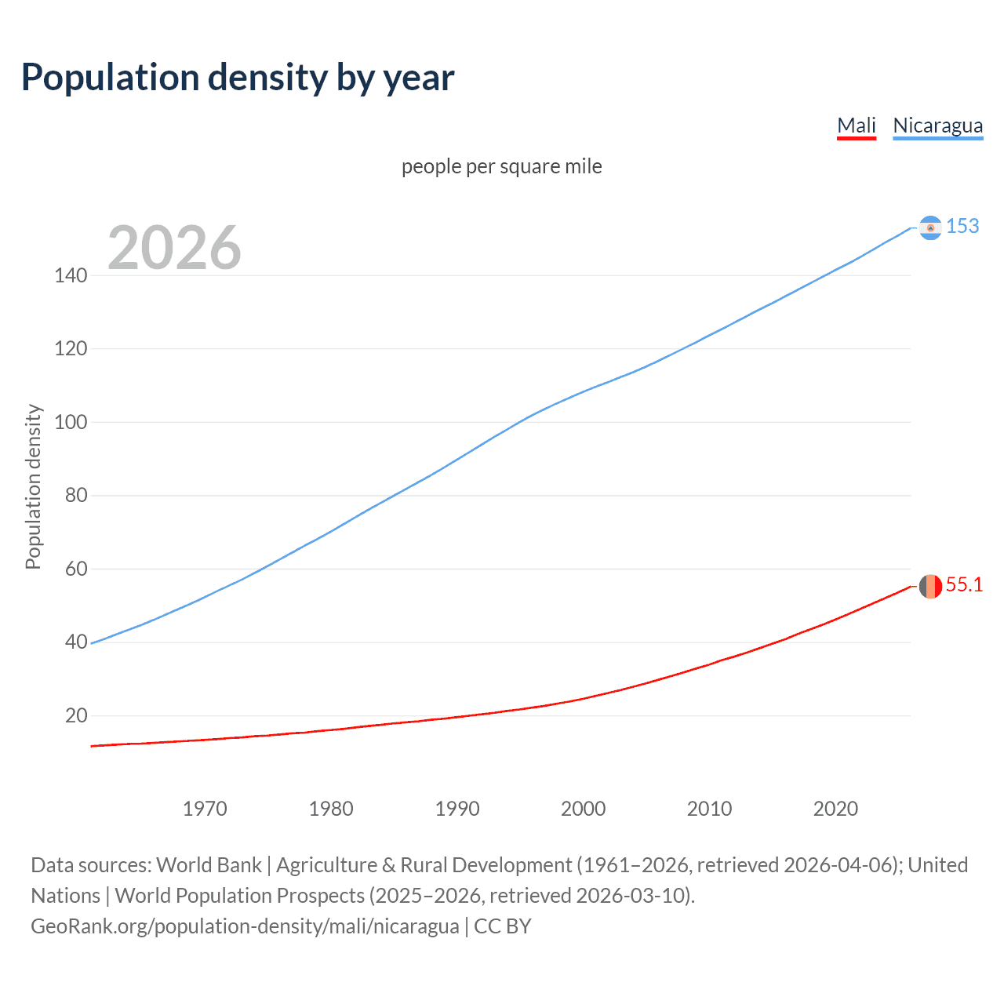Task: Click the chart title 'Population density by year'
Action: pyautogui.click(x=238, y=78)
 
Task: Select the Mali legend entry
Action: pyautogui.click(x=856, y=125)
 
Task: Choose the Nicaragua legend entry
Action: pyautogui.click(x=937, y=125)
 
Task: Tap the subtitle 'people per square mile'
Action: pyautogui.click(x=501, y=166)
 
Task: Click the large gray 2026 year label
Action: pyautogui.click(x=174, y=248)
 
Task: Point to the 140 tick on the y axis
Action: pyautogui.click(x=71, y=275)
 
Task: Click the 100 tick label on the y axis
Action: pyautogui.click(x=71, y=422)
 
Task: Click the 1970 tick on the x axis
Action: pyautogui.click(x=205, y=809)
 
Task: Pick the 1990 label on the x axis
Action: pyautogui.click(x=457, y=809)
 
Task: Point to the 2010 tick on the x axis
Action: pyautogui.click(x=709, y=809)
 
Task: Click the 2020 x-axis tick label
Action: pyautogui.click(x=835, y=809)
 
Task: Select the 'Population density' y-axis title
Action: pyautogui.click(x=33, y=486)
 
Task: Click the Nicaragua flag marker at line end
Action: pyautogui.click(x=930, y=227)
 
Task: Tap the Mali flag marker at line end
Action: pyautogui.click(x=930, y=586)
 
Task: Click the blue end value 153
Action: pyautogui.click(x=962, y=226)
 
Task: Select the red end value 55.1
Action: pyautogui.click(x=964, y=585)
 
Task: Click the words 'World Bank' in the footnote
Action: pyautogui.click(x=209, y=865)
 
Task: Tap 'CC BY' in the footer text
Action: pyautogui.click(x=503, y=926)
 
